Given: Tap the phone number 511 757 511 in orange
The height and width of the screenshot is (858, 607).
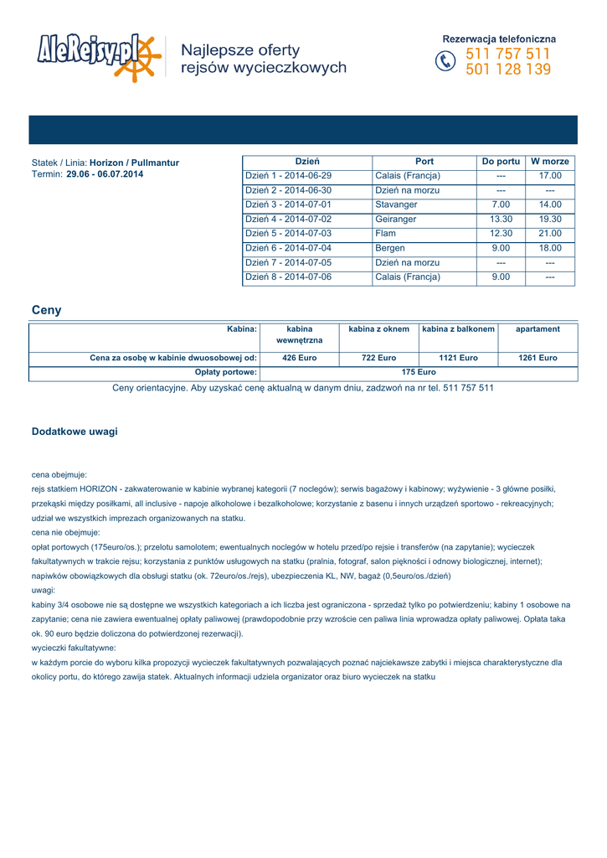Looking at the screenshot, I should tap(508, 54).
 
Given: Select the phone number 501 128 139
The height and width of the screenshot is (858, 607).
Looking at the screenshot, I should tap(508, 70).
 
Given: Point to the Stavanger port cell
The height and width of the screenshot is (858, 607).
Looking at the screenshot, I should tap(396, 204).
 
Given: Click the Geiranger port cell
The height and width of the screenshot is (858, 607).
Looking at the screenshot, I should tap(396, 219).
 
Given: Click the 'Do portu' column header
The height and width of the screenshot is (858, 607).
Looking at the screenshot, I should tap(501, 161).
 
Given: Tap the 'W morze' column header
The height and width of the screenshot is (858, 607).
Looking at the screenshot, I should tap(550, 161).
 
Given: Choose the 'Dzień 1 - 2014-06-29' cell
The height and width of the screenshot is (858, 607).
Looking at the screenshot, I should tap(288, 176).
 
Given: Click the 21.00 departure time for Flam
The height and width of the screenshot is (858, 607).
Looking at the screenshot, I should tap(550, 234).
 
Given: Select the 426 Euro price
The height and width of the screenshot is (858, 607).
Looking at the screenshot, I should tap(299, 358).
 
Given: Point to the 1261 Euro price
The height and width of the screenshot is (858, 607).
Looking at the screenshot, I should tap(538, 358).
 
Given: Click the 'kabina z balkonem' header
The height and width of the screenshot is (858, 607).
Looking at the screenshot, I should tap(458, 329).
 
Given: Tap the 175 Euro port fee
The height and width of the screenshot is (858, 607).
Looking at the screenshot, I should tap(419, 372).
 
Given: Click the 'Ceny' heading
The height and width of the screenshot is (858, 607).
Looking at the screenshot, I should tap(46, 310).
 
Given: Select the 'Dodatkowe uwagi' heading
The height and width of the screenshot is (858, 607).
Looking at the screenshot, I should tap(75, 432).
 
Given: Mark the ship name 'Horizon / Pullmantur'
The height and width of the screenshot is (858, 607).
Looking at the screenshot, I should tap(134, 163).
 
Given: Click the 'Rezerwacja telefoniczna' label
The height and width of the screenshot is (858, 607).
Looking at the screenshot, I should tap(499, 39).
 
